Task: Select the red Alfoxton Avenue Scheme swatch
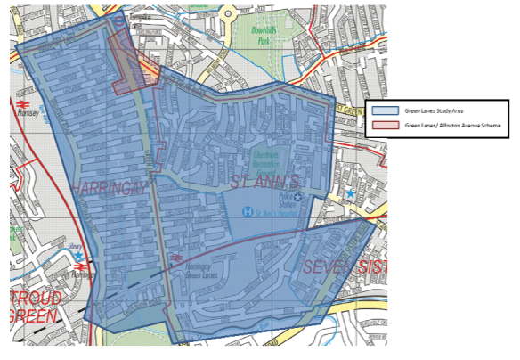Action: click(386, 126)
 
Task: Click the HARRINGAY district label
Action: click(109, 188)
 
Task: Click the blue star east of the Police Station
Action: click(350, 192)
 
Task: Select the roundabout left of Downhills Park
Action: click(227, 13)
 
